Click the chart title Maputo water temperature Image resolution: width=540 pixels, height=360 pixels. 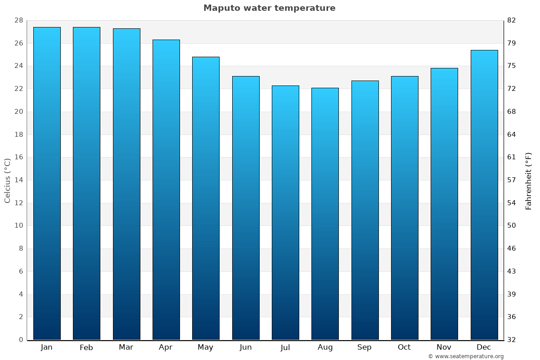269,8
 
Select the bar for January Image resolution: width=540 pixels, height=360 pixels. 47,184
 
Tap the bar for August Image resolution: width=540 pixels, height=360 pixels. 325,214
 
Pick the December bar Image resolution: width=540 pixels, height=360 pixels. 484,195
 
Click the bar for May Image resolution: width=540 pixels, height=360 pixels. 206,198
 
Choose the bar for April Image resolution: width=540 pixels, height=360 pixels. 166,189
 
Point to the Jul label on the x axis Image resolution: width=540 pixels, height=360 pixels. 285,347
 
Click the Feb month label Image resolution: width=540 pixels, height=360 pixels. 86,347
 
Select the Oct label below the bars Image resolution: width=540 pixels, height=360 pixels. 404,347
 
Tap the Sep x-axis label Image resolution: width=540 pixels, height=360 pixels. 364,347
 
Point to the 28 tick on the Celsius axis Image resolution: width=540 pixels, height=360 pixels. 18,20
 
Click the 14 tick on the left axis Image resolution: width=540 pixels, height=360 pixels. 18,180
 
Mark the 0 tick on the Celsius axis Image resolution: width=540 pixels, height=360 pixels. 21,340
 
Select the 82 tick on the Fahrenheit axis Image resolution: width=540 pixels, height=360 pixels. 512,20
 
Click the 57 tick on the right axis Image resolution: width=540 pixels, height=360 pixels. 512,180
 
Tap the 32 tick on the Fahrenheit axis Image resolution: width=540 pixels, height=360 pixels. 512,340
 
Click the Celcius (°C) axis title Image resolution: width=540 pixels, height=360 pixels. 7,180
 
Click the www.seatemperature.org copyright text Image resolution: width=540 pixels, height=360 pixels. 466,356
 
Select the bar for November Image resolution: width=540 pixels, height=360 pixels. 444,204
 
